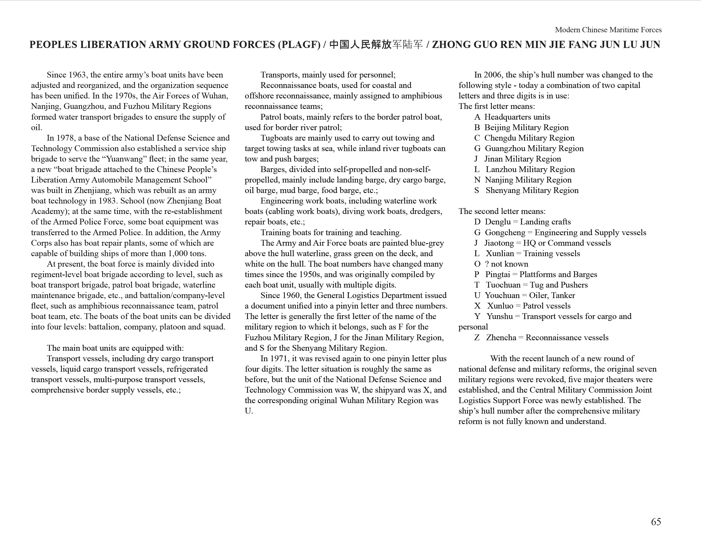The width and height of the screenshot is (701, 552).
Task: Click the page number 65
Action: click(x=656, y=522)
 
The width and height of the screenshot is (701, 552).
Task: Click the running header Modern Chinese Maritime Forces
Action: click(x=608, y=30)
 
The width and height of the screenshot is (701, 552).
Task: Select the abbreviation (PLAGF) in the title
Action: click(x=299, y=45)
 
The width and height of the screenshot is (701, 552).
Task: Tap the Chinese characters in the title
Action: click(x=376, y=45)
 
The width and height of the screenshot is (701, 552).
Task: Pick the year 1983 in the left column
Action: click(x=106, y=201)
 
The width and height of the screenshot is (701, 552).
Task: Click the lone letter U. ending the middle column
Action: click(x=249, y=411)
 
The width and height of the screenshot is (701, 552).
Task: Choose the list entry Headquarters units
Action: click(x=517, y=117)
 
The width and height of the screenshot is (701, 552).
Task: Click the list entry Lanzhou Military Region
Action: click(x=530, y=170)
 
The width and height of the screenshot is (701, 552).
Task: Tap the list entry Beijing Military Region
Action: click(x=526, y=128)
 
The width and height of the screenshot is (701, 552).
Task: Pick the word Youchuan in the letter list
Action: click(x=502, y=296)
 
